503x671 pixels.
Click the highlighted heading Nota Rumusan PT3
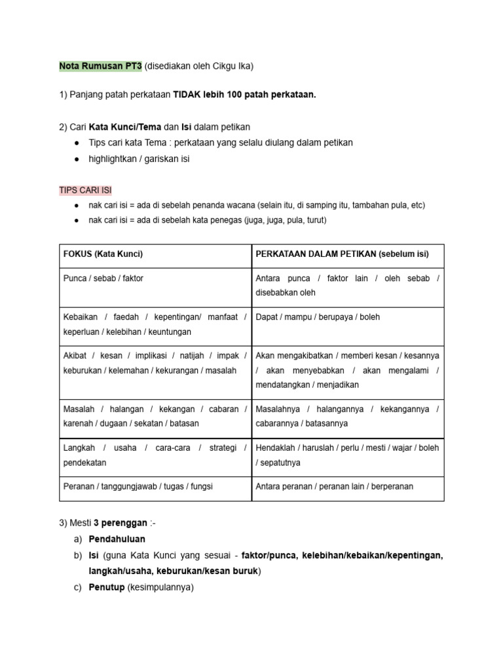100,66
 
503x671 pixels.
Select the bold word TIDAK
187,95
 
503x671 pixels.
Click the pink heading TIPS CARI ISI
86,190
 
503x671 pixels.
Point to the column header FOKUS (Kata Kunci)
103,254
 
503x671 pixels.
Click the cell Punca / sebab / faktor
103,278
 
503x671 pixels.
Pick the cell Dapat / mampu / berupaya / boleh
318,317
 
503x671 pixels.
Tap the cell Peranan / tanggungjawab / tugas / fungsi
138,487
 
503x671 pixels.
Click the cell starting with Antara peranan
334,487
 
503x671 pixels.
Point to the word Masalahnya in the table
278,410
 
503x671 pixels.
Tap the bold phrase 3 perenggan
121,523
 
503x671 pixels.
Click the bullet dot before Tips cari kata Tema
78,143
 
